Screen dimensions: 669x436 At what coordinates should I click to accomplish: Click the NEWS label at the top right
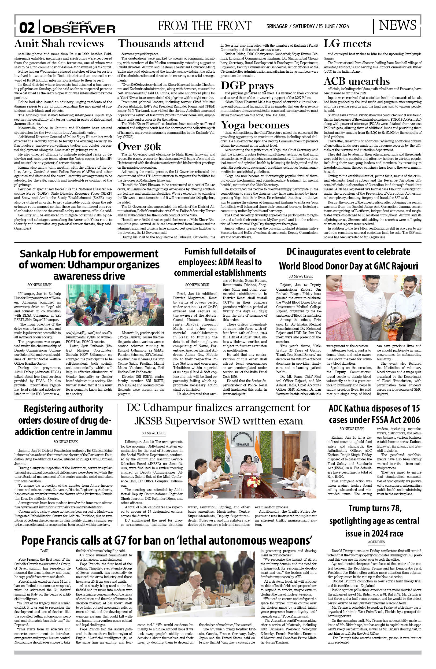tap(397, 25)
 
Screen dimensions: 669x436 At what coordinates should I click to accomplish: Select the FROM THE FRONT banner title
tap(204, 26)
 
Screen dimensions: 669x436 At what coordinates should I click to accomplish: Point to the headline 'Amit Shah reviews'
tap(59, 43)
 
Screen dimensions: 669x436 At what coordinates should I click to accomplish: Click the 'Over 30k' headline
tap(139, 146)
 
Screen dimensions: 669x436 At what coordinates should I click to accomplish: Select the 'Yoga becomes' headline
tap(255, 124)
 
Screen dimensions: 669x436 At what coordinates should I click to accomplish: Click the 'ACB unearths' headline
tap(356, 81)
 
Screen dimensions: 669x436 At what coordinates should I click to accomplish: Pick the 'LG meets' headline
tap(347, 43)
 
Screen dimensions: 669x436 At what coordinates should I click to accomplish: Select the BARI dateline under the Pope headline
tap(44, 551)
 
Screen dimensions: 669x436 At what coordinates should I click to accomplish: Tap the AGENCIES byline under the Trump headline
tap(376, 542)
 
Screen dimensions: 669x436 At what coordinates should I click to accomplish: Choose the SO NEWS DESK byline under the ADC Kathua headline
tap(351, 429)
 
